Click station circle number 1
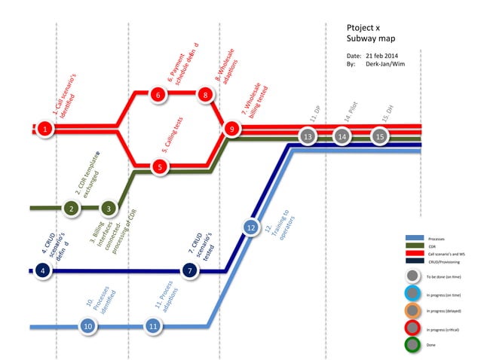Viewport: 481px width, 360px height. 45,130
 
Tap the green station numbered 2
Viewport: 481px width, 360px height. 71,208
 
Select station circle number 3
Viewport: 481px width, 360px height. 109,208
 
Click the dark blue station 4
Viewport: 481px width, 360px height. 44,270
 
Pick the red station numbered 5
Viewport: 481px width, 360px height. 158,166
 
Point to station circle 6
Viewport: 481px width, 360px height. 157,95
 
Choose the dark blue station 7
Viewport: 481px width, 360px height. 191,270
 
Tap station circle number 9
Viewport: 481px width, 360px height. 232,130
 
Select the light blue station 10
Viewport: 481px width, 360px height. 88,326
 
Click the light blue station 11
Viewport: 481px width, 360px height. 154,326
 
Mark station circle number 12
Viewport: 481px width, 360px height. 251,226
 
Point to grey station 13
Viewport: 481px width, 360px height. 308,136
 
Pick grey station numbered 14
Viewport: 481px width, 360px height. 342,136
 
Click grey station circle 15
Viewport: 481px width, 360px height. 380,136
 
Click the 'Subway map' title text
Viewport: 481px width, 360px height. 371,38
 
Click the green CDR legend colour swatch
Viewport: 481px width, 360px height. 414,246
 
